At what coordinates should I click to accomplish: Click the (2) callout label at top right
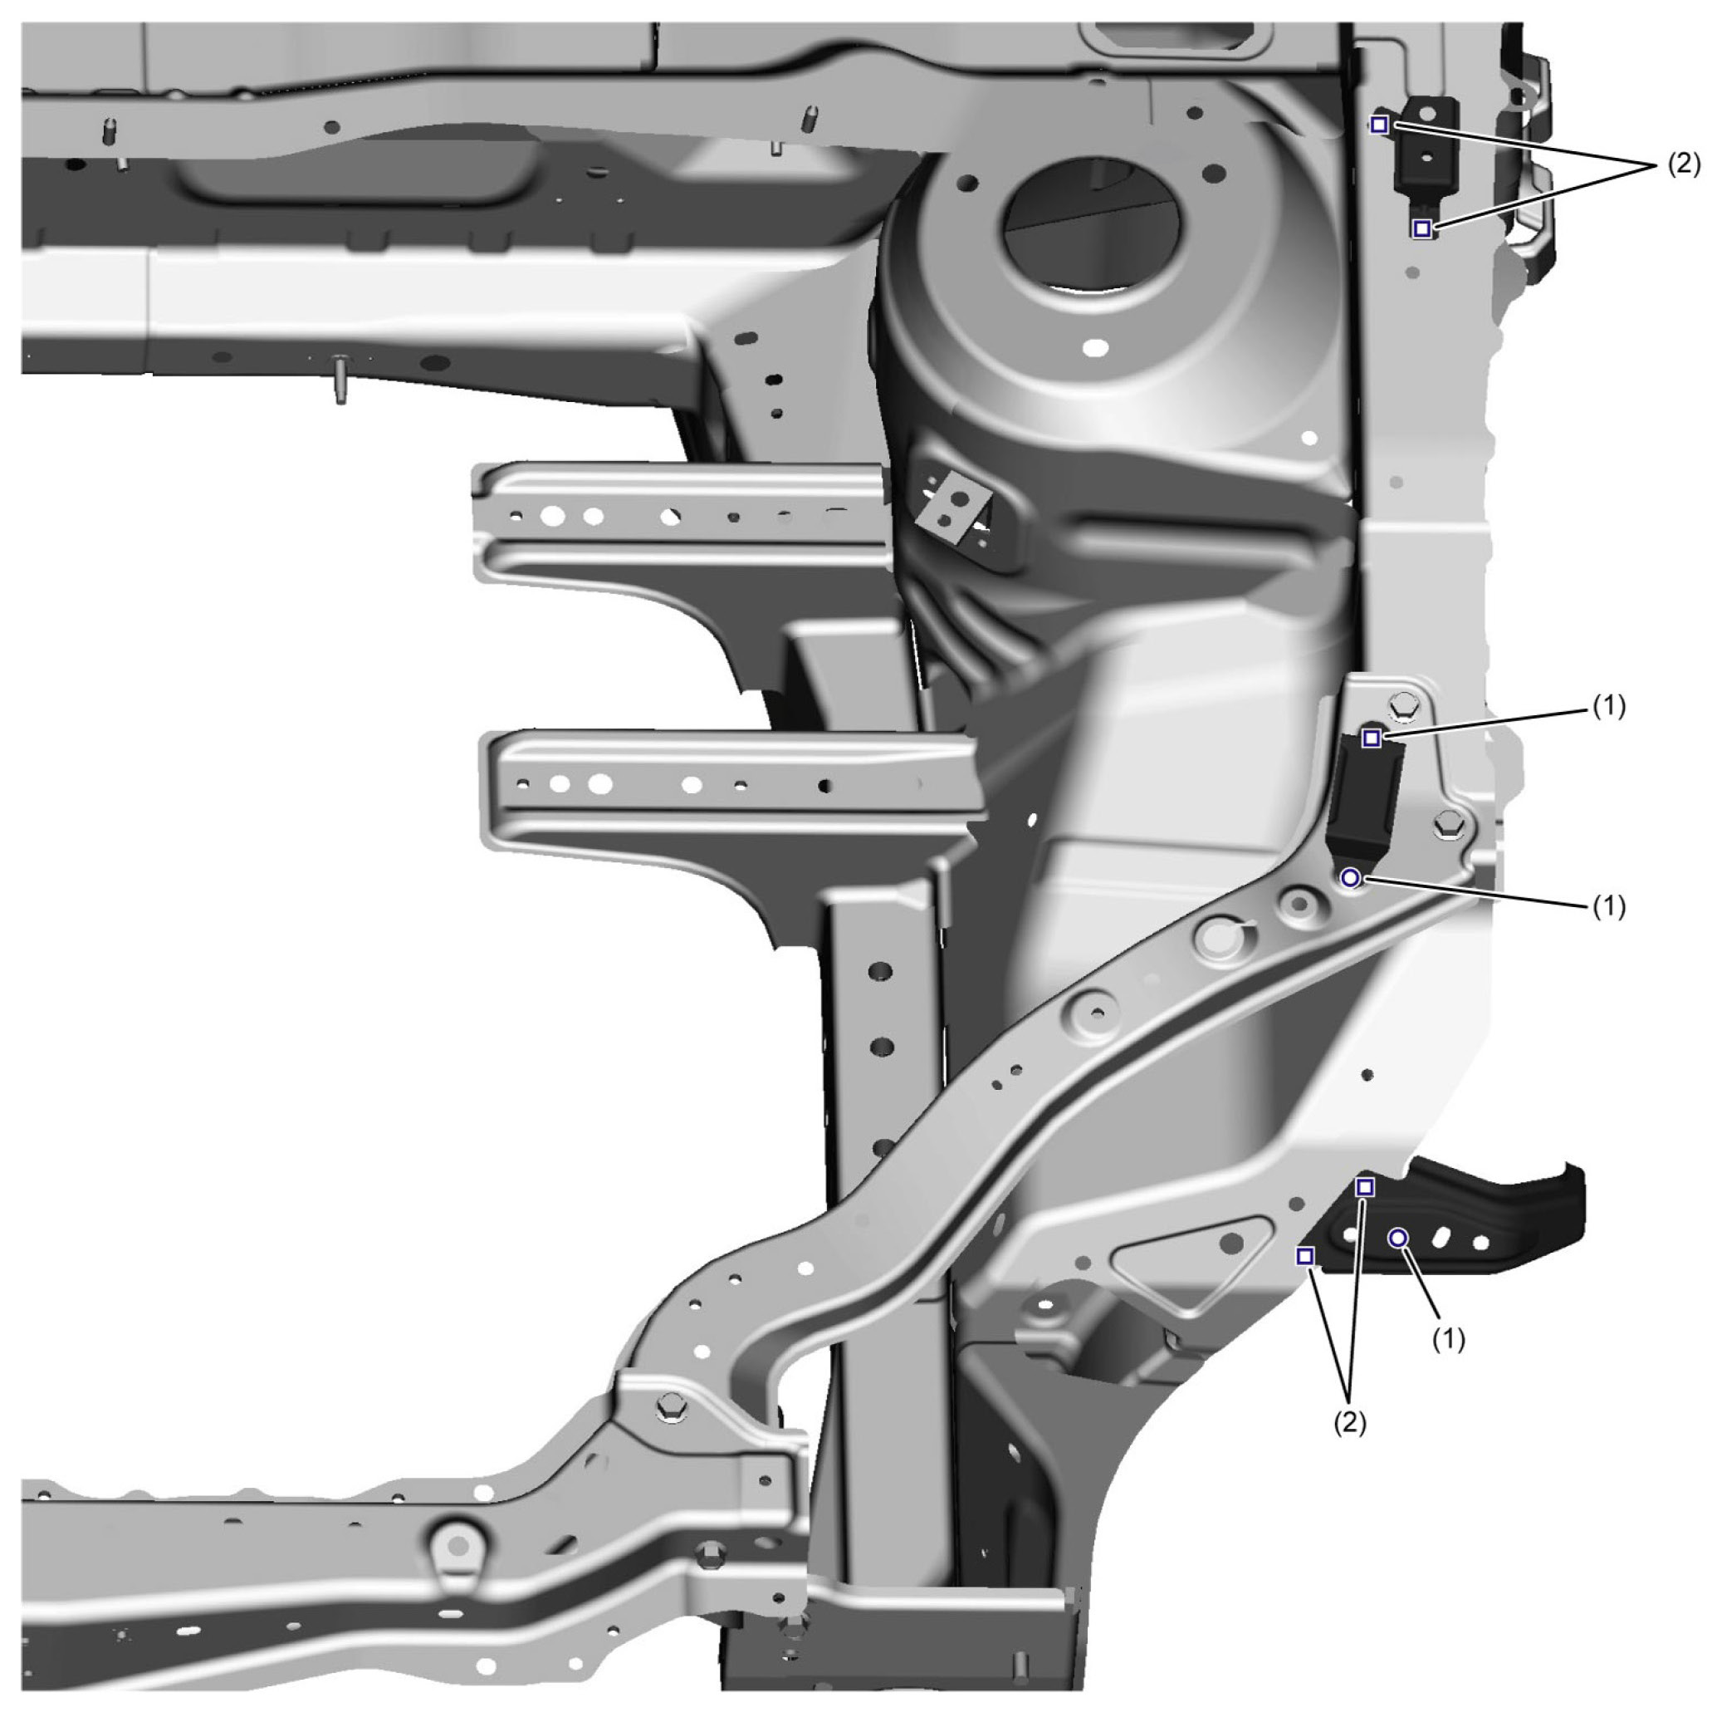1683,164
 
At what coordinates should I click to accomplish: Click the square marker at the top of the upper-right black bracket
1379,125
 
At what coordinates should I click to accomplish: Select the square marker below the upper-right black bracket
1421,228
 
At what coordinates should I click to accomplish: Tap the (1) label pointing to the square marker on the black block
1608,706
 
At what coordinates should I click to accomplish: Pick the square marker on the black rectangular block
1371,738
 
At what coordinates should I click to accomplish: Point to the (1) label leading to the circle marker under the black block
1608,906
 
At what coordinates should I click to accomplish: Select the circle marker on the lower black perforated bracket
1398,1239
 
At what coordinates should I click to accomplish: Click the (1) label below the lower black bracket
1448,1338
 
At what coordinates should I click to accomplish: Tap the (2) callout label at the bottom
1351,1422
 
